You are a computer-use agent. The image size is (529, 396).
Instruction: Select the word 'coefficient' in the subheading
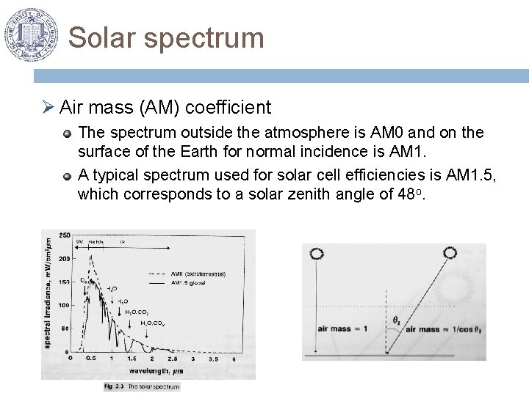click(x=228, y=108)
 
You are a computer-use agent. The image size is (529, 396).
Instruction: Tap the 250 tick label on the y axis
click(x=66, y=235)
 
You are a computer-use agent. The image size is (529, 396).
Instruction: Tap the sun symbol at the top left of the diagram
click(x=317, y=254)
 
